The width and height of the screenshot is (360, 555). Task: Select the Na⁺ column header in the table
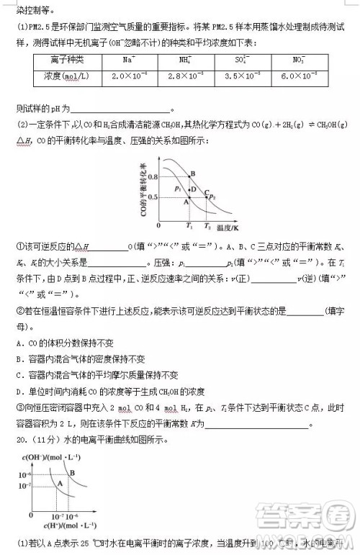tap(130, 60)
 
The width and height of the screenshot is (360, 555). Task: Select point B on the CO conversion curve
tap(192, 174)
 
